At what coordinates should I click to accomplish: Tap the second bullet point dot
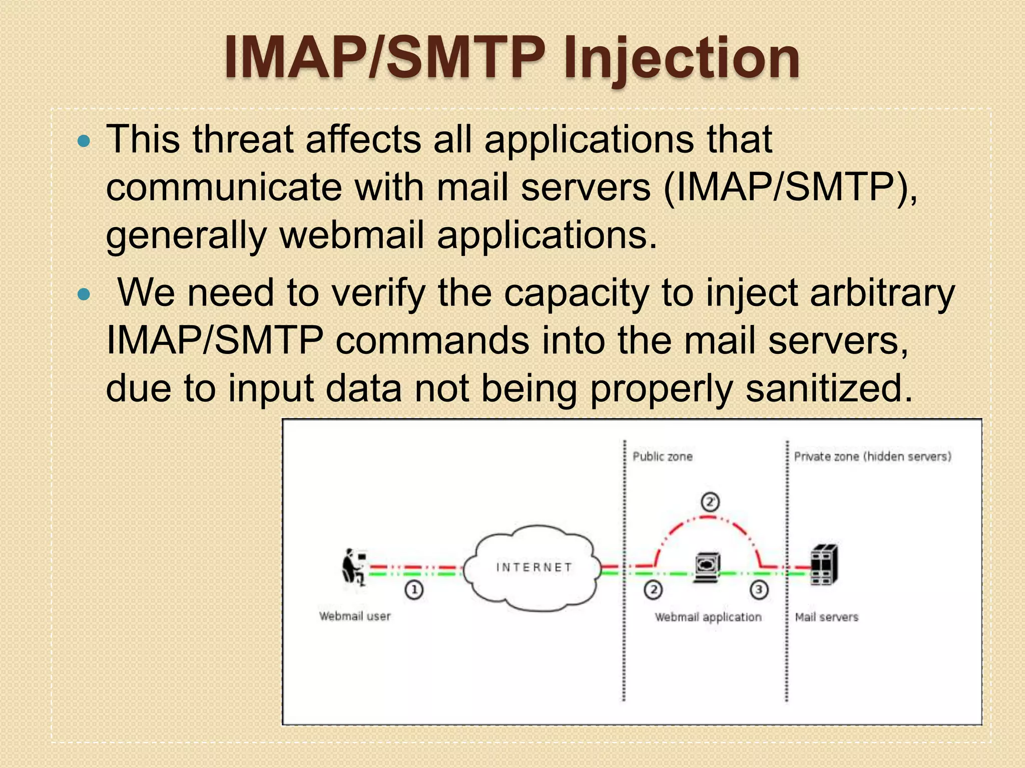point(85,295)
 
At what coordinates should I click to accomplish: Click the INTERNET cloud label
point(534,567)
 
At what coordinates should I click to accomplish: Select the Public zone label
point(662,456)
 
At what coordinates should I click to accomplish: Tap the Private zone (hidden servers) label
point(872,456)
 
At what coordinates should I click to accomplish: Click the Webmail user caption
point(355,616)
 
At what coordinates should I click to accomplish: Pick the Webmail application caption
point(708,617)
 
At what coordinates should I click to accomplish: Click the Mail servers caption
point(826,617)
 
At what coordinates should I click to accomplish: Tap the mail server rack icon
point(824,565)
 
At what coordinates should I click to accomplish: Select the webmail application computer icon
point(707,567)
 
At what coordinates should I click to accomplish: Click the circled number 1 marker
point(414,590)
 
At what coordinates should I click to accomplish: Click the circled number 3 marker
point(759,590)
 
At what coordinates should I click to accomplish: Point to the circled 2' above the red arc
point(710,502)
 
